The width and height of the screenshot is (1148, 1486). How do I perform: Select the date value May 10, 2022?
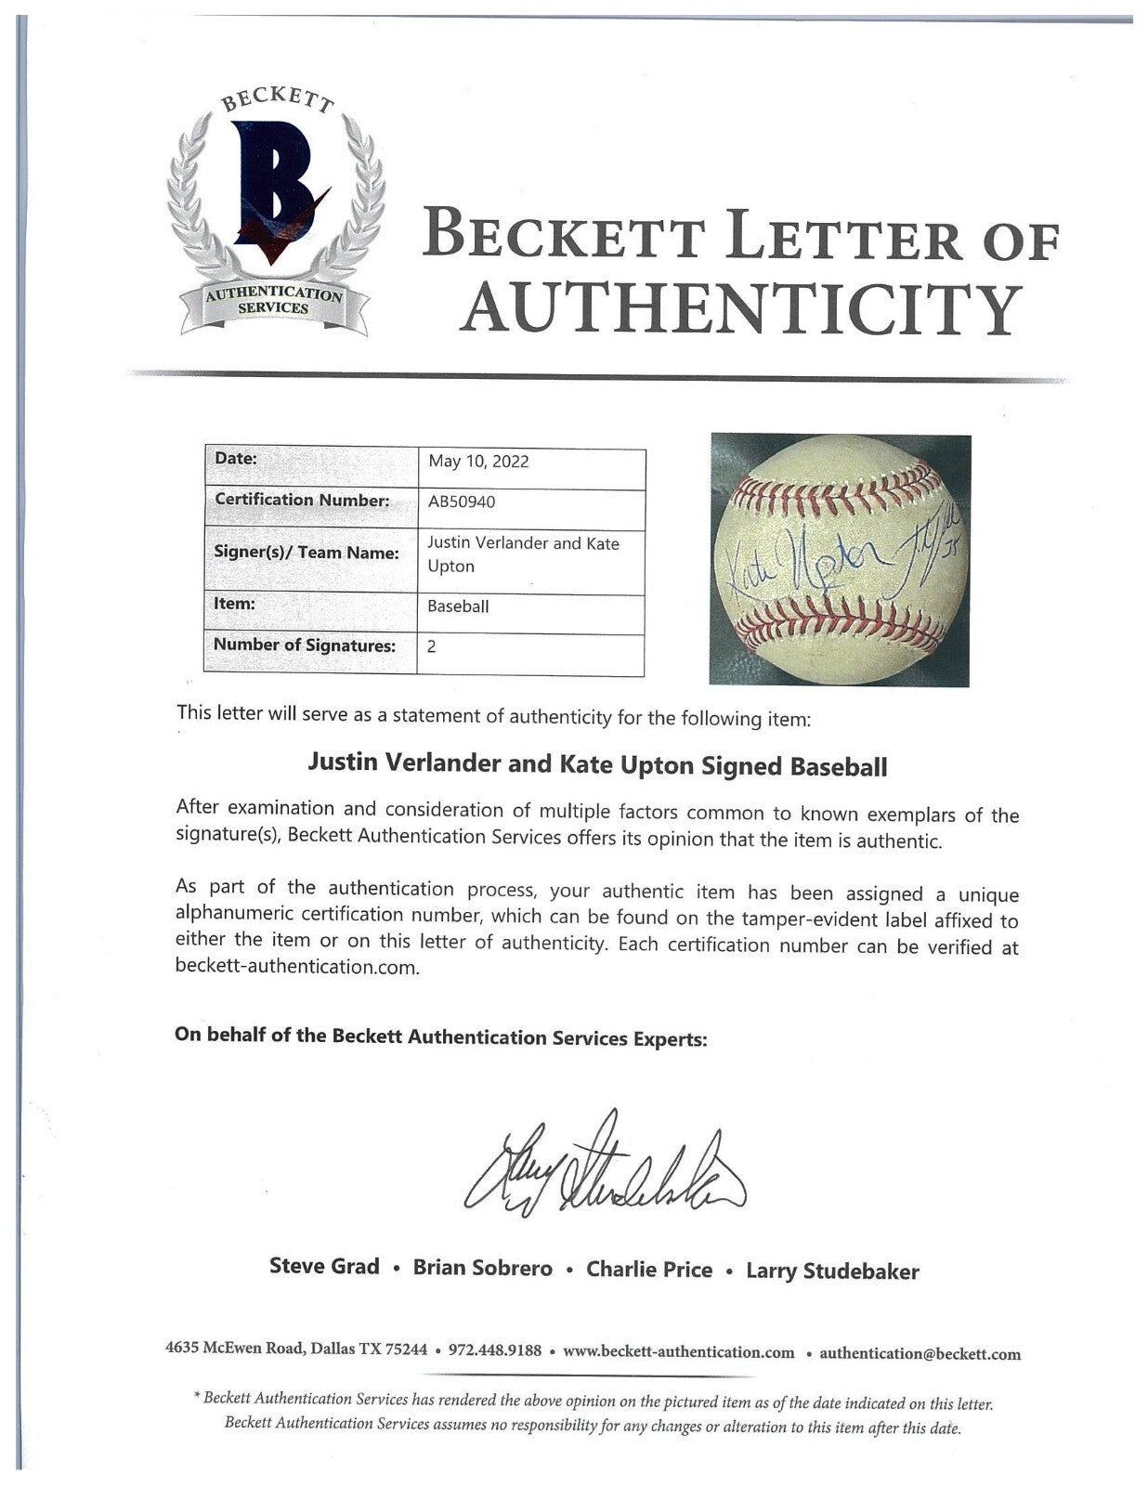pos(478,462)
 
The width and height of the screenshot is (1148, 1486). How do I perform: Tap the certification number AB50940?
pos(462,502)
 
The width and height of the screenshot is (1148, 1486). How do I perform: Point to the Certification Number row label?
pos(301,500)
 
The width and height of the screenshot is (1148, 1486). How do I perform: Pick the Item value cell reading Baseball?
pos(458,606)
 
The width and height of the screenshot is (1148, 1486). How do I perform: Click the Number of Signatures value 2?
pos(432,646)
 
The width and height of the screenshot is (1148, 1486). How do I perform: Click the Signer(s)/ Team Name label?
pos(307,553)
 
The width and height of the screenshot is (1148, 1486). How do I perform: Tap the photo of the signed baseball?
pos(840,560)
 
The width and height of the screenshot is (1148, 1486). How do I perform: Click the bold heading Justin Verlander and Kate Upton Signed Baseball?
pos(596,767)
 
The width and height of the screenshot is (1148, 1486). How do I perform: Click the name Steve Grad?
pos(324,1267)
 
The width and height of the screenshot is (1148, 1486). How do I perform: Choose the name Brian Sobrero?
pos(482,1269)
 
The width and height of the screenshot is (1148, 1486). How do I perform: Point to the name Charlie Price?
pos(648,1270)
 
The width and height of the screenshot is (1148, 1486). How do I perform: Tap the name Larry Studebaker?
pos(832,1271)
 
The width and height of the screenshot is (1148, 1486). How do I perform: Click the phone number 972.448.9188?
pos(495,1350)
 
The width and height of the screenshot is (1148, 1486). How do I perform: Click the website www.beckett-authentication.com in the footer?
pos(679,1351)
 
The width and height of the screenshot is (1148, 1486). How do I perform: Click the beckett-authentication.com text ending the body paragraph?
pos(297,967)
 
